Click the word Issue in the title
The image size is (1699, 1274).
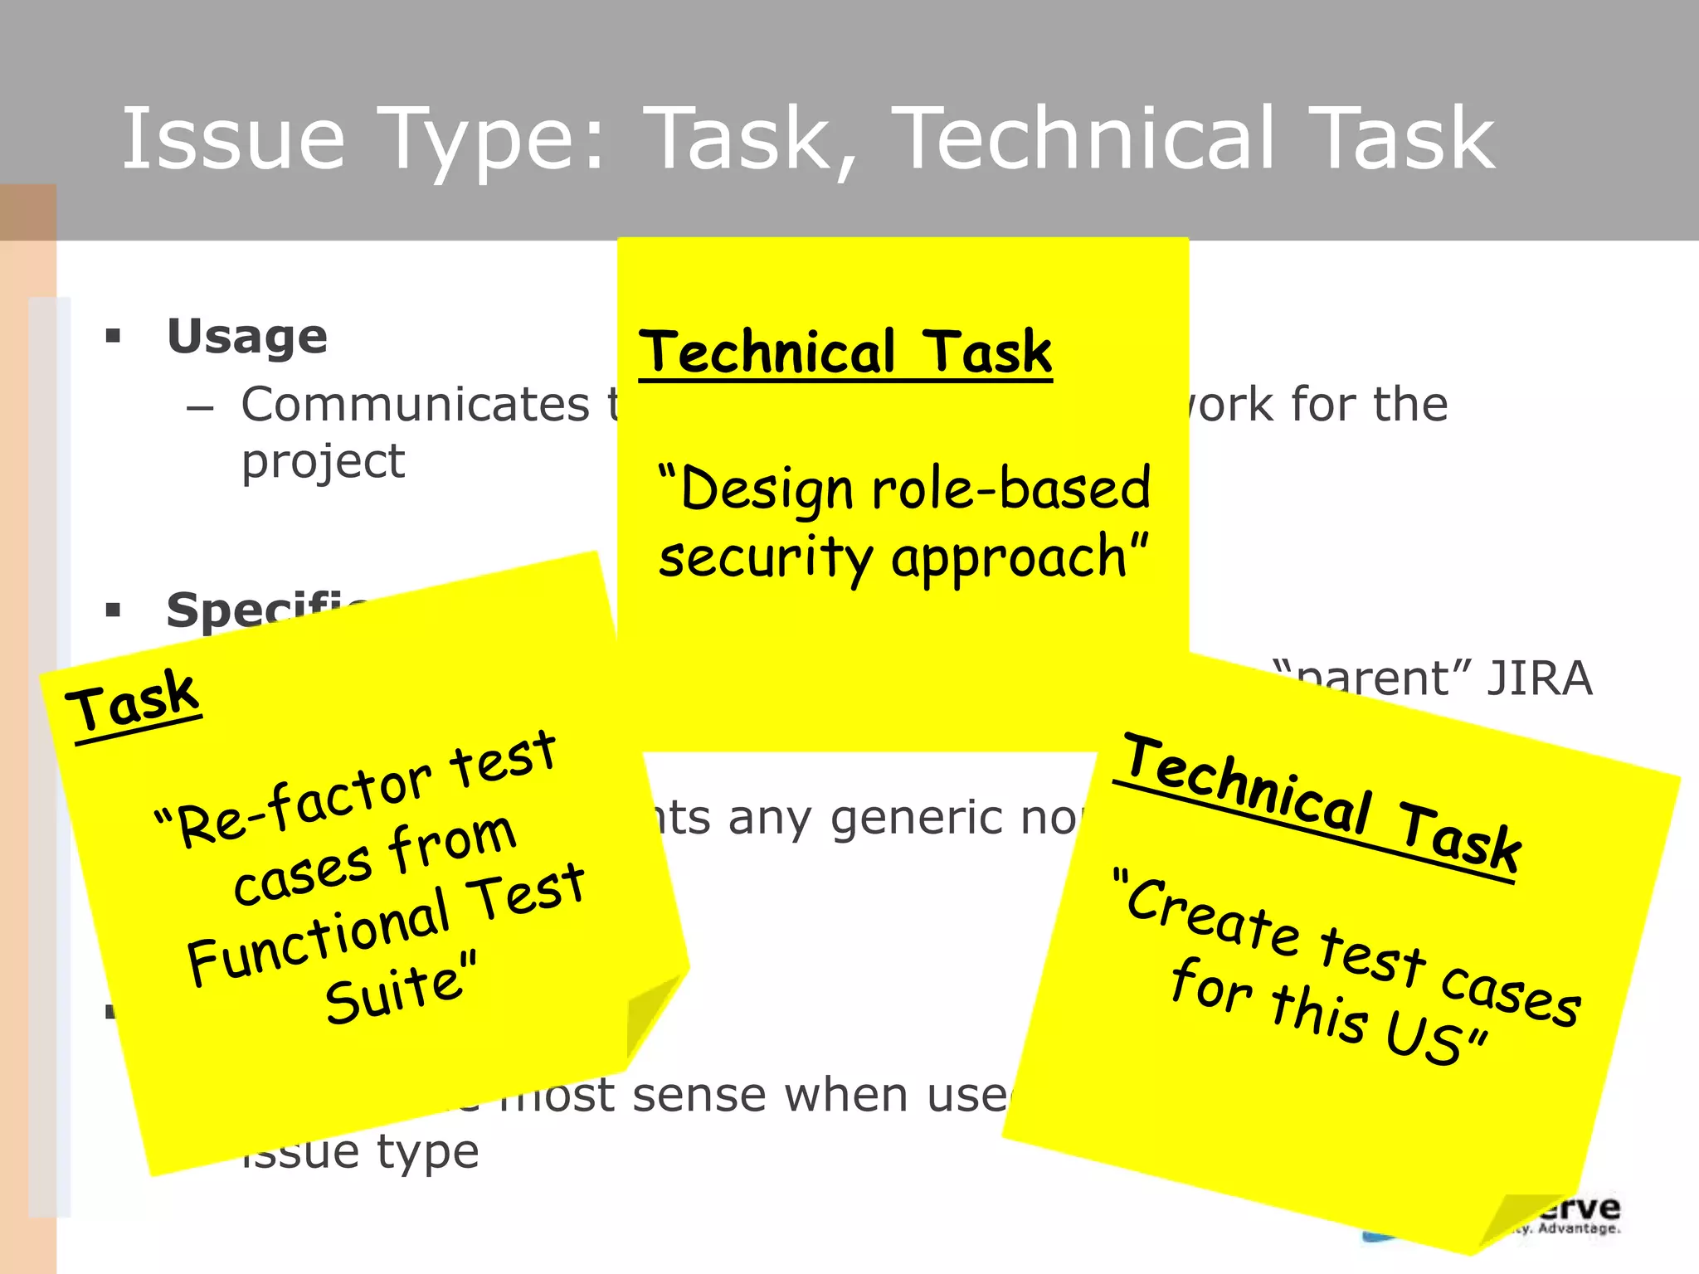[233, 139]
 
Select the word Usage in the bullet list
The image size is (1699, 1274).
[247, 337]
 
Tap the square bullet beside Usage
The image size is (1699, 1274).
[114, 337]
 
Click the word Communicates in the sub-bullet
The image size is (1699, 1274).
[415, 405]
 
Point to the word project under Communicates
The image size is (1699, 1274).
[323, 462]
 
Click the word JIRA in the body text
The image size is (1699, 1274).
[1539, 678]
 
